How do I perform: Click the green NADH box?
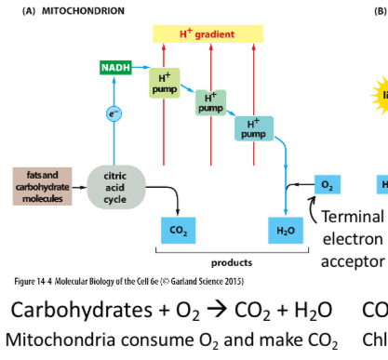(x=116, y=68)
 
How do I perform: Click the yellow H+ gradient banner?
(x=207, y=34)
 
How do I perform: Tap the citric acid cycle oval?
(x=116, y=183)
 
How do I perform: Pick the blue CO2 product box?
(x=177, y=228)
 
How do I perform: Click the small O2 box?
(x=326, y=185)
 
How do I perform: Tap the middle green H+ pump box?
(x=210, y=102)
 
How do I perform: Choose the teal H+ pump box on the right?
(x=253, y=128)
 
